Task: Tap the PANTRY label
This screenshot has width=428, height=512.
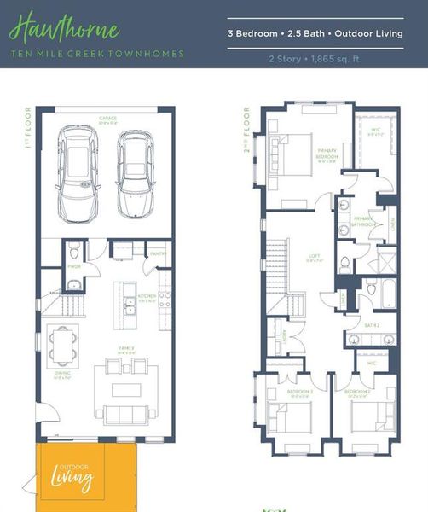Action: point(157,253)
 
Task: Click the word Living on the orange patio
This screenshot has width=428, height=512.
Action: point(75,480)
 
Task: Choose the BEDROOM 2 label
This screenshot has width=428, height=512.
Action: point(356,393)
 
